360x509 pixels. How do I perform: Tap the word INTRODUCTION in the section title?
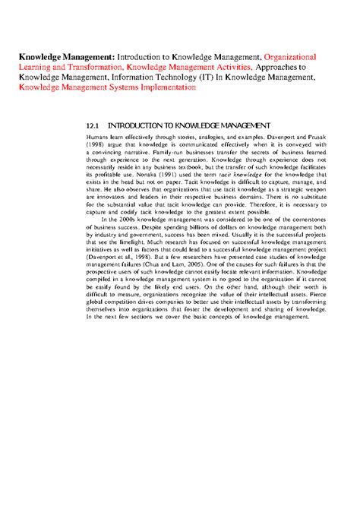pyautogui.click(x=141, y=125)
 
